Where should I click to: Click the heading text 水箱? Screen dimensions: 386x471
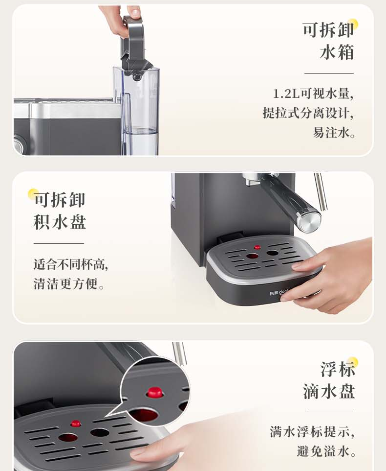[x=337, y=52]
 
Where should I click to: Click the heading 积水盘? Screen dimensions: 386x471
[x=60, y=222]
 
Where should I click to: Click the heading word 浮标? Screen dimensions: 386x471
[x=338, y=369]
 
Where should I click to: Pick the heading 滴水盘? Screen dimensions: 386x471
[x=329, y=391]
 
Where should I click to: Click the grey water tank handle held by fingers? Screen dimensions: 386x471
[x=134, y=45]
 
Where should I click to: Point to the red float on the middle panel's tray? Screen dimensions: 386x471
[x=257, y=247]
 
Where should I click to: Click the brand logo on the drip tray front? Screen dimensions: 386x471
[x=278, y=293]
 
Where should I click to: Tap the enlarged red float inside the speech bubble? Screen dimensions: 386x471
[x=154, y=392]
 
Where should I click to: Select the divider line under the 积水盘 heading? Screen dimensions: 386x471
[x=59, y=244]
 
